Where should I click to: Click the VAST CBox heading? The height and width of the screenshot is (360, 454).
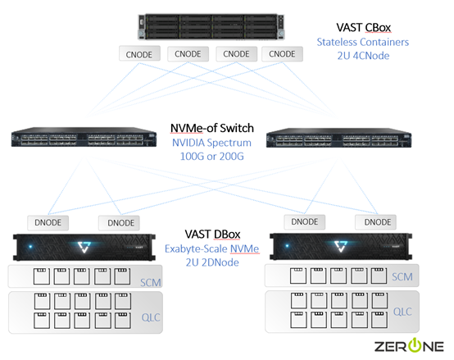(363, 26)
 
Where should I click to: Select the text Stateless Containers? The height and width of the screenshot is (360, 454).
(362, 41)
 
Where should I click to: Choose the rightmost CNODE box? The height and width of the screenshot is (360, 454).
(282, 54)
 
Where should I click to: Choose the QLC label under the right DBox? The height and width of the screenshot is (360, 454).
(402, 312)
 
